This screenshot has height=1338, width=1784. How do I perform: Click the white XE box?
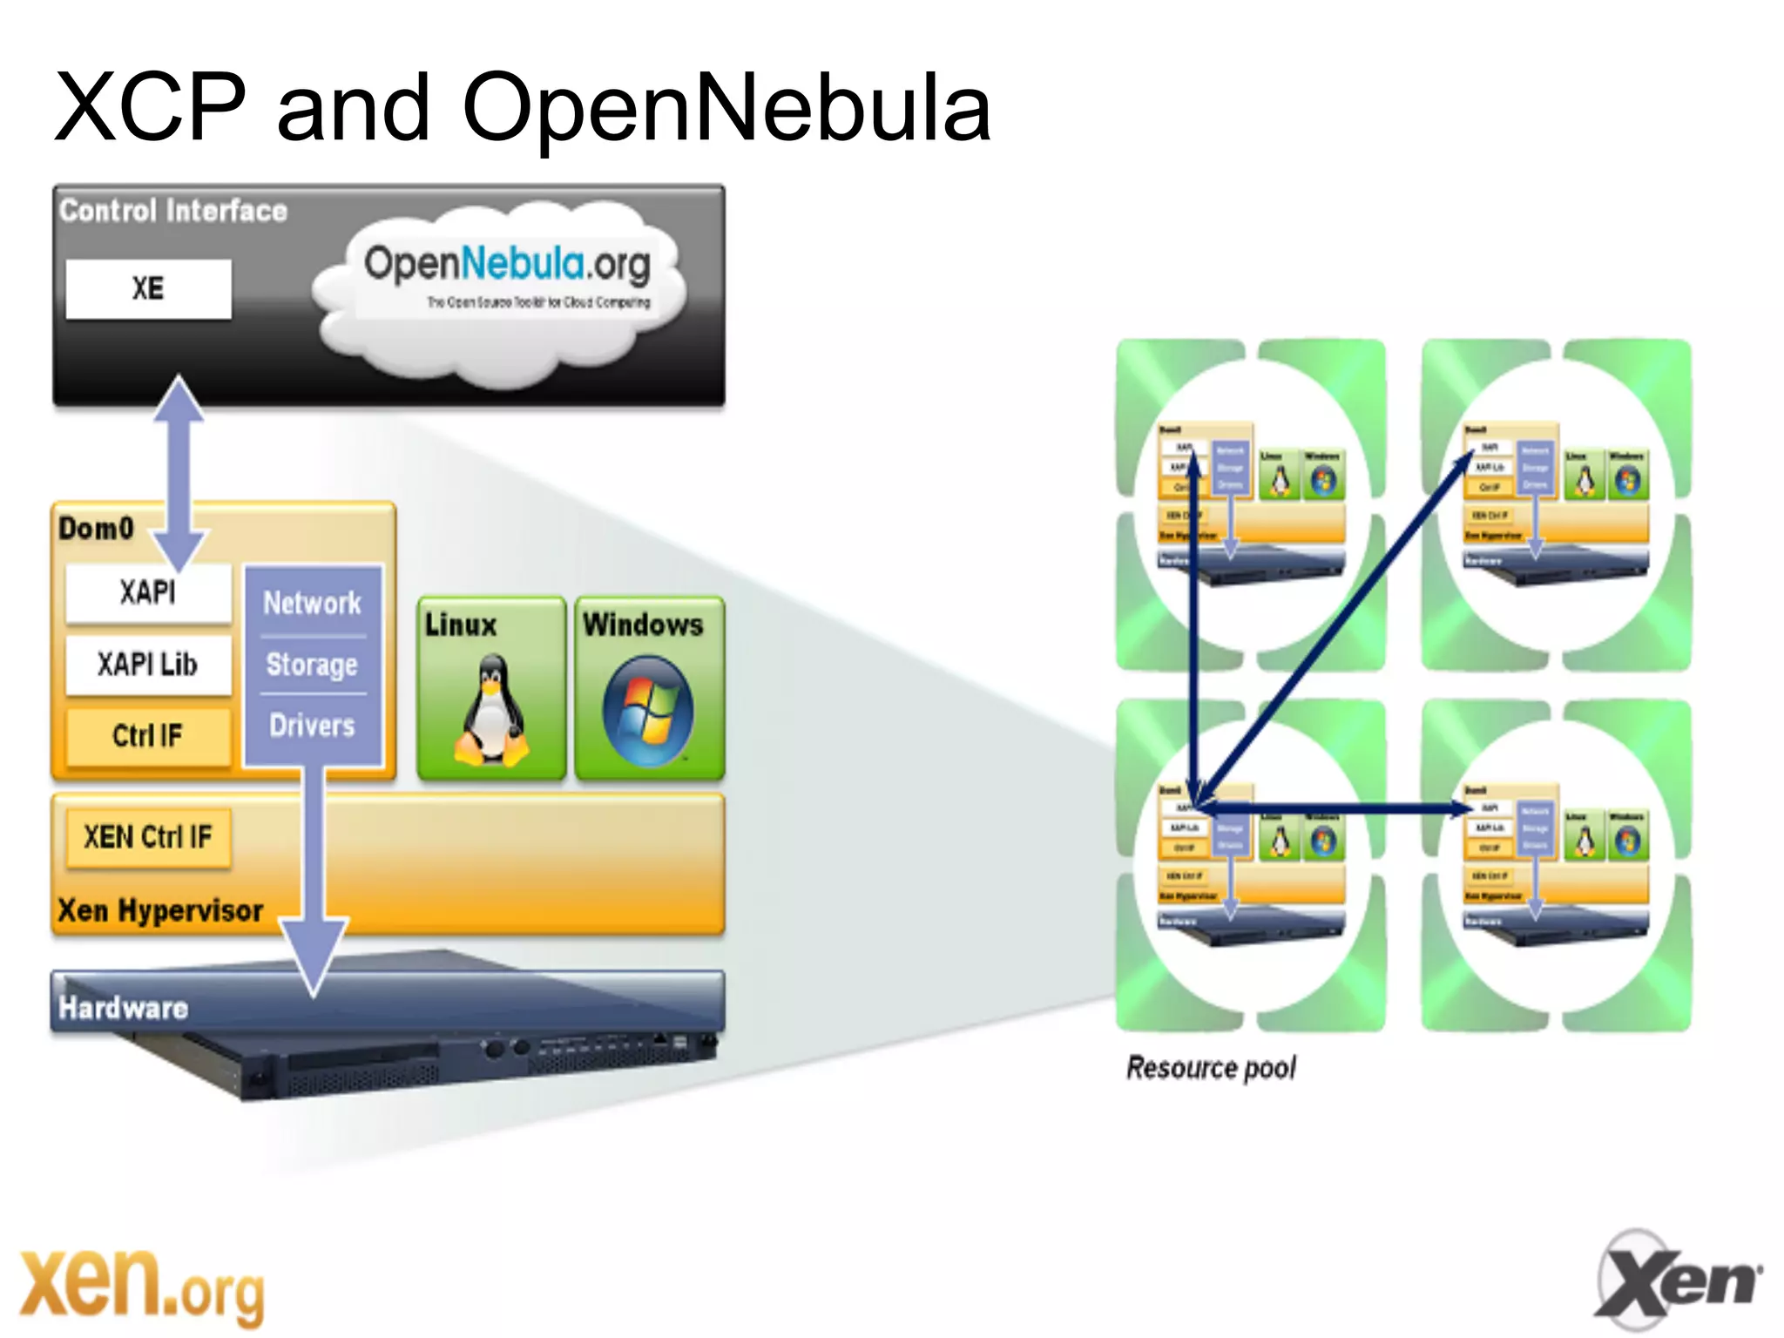(x=148, y=289)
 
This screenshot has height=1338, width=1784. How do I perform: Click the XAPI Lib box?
(x=148, y=665)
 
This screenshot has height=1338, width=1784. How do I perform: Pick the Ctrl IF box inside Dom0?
(x=148, y=736)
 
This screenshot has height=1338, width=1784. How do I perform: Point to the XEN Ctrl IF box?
(x=148, y=838)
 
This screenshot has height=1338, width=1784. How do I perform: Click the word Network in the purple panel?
(x=312, y=603)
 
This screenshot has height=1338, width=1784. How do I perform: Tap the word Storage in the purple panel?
(x=312, y=665)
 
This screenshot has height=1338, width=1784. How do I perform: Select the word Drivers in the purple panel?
(x=312, y=726)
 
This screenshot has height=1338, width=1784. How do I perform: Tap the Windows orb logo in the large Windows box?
(x=647, y=711)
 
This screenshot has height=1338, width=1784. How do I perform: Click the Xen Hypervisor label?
(x=160, y=911)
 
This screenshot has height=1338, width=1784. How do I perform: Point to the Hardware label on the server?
(x=123, y=1008)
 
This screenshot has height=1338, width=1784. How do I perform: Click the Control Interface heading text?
(x=173, y=211)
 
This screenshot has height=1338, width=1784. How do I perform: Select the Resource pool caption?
(x=1211, y=1068)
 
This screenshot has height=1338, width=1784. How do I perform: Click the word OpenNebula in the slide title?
(x=726, y=109)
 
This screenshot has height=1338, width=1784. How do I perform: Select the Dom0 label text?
(x=96, y=529)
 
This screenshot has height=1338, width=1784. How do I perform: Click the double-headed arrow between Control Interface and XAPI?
(x=179, y=475)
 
